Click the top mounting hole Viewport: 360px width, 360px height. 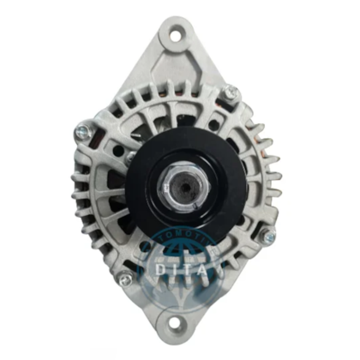(x=177, y=37)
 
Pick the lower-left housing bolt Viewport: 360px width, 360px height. (x=126, y=278)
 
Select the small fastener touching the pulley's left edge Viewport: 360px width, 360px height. (x=130, y=158)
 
